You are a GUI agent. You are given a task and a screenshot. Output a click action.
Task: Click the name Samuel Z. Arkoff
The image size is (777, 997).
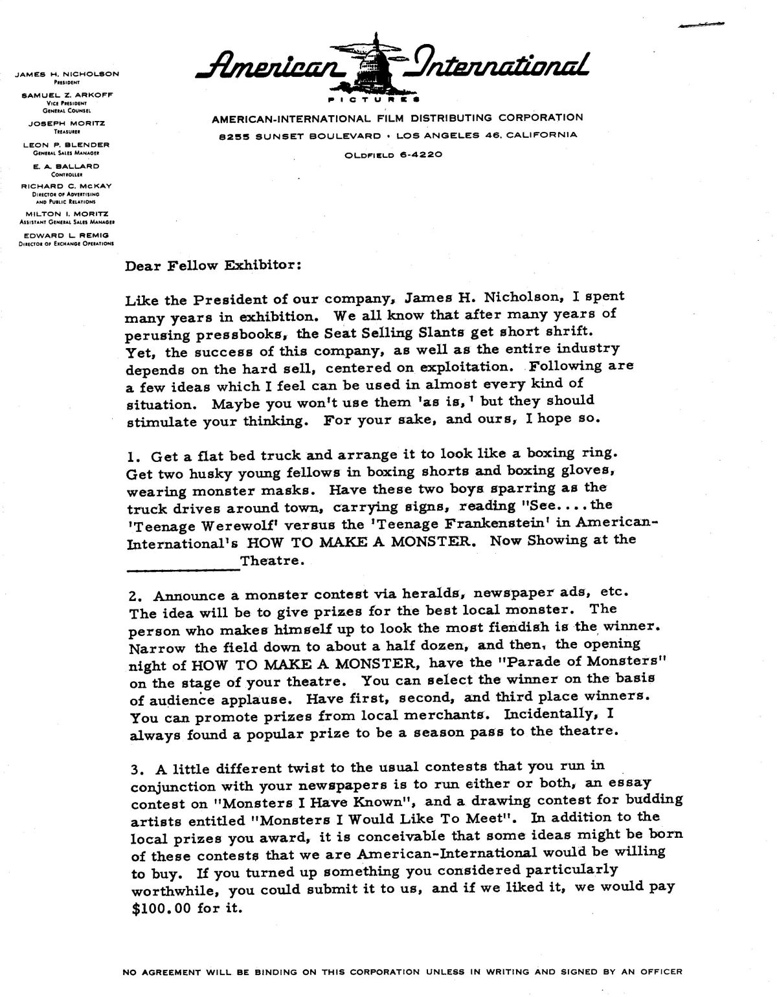(67, 94)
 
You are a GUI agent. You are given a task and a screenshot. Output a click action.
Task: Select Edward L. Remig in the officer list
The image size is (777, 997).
(66, 235)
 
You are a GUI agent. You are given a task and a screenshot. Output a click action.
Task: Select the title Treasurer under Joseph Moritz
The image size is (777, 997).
(66, 131)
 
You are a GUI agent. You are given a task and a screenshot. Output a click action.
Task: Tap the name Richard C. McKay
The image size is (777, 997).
(66, 186)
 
